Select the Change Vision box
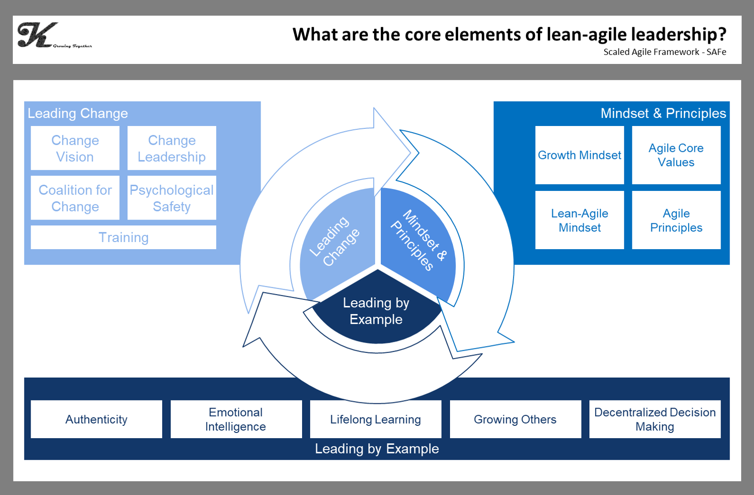pos(75,148)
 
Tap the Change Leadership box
pos(172,148)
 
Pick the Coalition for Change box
pos(75,198)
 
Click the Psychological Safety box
pos(172,198)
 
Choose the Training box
pos(123,237)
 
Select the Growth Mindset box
pos(579,155)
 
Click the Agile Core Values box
pos(676,155)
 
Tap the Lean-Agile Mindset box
pos(579,220)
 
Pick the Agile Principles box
pos(676,220)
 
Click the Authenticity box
pos(96,419)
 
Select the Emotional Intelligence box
pos(236,419)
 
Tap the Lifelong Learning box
pos(376,419)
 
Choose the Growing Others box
pos(515,419)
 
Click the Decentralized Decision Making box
pos(655,419)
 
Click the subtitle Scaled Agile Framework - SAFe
pos(664,52)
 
